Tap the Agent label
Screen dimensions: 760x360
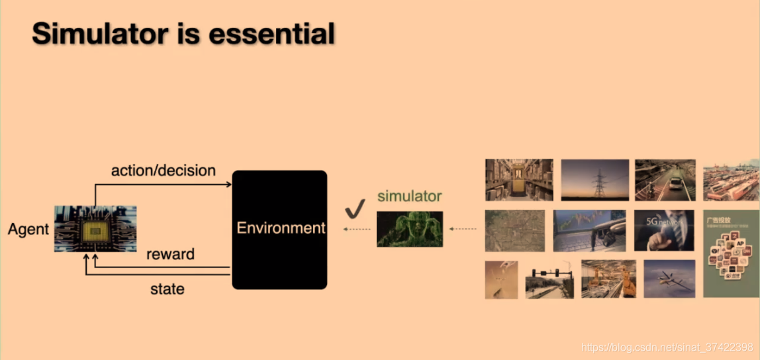click(28, 230)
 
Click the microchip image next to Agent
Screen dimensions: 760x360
click(95, 229)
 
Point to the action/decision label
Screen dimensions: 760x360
click(164, 171)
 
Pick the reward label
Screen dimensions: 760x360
click(170, 254)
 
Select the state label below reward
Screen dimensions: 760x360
click(167, 289)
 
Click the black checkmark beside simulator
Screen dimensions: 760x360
click(355, 209)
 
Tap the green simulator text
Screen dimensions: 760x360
click(409, 196)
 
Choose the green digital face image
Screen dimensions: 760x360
click(410, 229)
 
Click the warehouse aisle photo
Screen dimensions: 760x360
click(519, 179)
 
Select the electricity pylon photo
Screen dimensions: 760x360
click(595, 179)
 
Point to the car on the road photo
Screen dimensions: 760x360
click(665, 179)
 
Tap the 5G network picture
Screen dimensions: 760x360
click(664, 230)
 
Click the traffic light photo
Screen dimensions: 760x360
click(549, 283)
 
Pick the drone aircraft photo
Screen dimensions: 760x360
click(669, 279)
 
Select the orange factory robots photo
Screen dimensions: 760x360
click(608, 279)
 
